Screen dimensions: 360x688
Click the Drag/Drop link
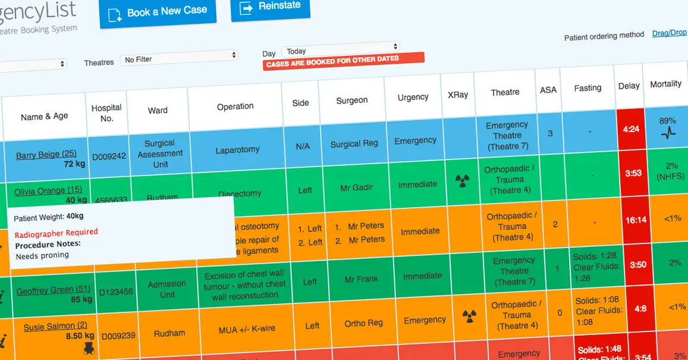pyautogui.click(x=670, y=33)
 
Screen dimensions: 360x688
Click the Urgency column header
pyautogui.click(x=413, y=97)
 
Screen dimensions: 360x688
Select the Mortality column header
pyautogui.click(x=665, y=84)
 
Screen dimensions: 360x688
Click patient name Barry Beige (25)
pyautogui.click(x=46, y=155)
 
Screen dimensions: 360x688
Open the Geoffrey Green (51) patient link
pyautogui.click(x=54, y=290)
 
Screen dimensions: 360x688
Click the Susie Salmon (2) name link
pyautogui.click(x=55, y=327)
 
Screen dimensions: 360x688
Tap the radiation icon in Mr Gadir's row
pyautogui.click(x=461, y=181)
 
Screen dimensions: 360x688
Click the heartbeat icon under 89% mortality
pyautogui.click(x=668, y=133)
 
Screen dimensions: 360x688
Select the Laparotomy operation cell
pyautogui.click(x=237, y=150)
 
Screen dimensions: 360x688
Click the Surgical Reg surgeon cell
pyautogui.click(x=354, y=143)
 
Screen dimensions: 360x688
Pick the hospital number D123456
pyautogui.click(x=116, y=292)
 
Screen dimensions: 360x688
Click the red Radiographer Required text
pyautogui.click(x=56, y=233)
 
